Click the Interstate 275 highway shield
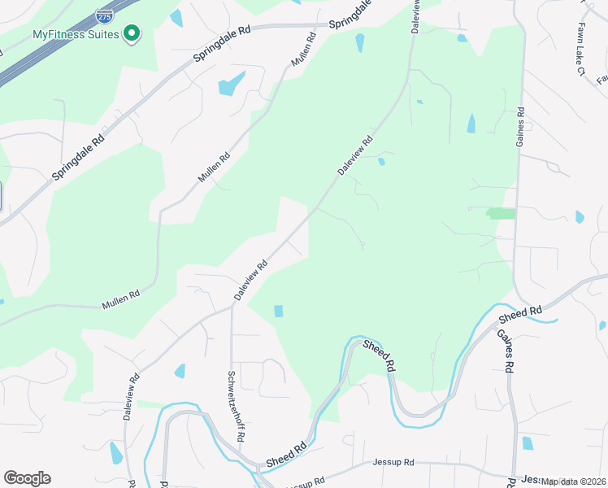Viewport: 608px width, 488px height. pyautogui.click(x=104, y=15)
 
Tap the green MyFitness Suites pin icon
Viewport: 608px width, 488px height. pyautogui.click(x=132, y=33)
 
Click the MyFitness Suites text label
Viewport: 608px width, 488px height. pyautogui.click(x=76, y=34)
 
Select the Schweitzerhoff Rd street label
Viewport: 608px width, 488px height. pyautogui.click(x=237, y=406)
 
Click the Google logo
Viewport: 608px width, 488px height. pyautogui.click(x=27, y=478)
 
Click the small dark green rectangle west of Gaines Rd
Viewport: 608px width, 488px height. pyautogui.click(x=501, y=213)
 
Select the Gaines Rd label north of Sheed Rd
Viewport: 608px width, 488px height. pyautogui.click(x=520, y=128)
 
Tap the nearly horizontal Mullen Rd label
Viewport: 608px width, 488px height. pyautogui.click(x=121, y=298)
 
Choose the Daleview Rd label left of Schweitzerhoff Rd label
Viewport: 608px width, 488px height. pyautogui.click(x=131, y=396)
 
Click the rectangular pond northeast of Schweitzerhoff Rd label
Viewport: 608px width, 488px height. pyautogui.click(x=279, y=311)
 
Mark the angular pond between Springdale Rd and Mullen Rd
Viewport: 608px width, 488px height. pyautogui.click(x=231, y=84)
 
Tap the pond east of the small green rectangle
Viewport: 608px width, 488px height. pyautogui.click(x=579, y=217)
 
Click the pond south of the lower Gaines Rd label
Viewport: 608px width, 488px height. pyautogui.click(x=528, y=443)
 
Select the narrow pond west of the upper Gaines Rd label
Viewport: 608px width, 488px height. pyautogui.click(x=471, y=124)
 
